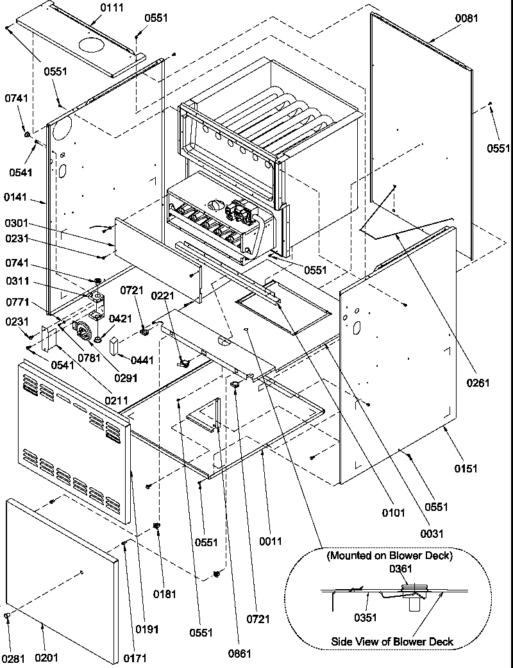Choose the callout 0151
[466, 469]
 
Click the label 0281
[13, 658]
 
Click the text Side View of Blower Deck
[392, 641]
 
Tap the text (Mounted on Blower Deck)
[389, 555]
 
